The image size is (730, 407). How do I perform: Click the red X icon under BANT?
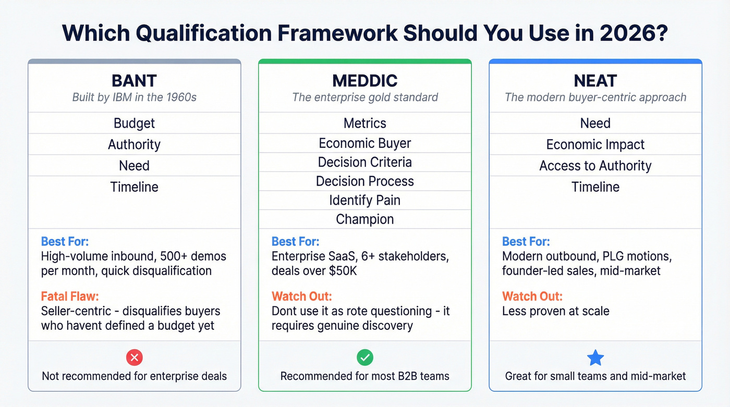pos(135,357)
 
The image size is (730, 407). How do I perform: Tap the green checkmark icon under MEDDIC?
pos(365,357)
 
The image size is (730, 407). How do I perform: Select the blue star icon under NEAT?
pos(595,358)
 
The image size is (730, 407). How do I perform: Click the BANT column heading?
pos(135,81)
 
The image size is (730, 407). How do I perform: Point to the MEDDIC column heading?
pos(365,81)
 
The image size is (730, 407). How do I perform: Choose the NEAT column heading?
pos(595,81)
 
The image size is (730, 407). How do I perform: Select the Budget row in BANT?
pos(135,123)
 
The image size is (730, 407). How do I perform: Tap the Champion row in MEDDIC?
pos(365,219)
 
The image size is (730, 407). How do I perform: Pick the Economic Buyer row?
pos(365,143)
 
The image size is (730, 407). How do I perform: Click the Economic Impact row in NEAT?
pos(595,144)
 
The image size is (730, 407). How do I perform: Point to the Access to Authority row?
pos(595,166)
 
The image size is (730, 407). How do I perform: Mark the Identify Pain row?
pos(365,200)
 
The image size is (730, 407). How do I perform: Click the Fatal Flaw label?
pos(69,297)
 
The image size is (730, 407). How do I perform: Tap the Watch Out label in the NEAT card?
pos(532,297)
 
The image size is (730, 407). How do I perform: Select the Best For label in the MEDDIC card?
pos(296,242)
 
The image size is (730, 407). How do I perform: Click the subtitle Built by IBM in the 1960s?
pos(135,97)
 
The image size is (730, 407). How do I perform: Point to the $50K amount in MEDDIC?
pos(343,271)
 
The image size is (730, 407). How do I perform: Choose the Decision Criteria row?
pos(365,162)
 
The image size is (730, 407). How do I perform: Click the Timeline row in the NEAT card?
pos(595,187)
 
